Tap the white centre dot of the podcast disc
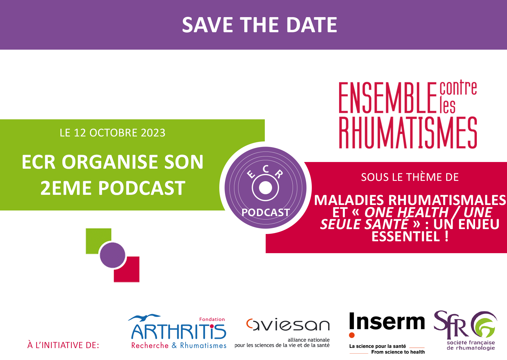point(265,188)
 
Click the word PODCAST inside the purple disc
point(266,213)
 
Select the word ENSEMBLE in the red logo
point(388,98)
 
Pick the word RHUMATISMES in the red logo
point(408,133)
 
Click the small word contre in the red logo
point(458,88)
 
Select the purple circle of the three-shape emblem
point(113,255)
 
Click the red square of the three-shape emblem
point(129,271)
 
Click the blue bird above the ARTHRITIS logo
point(144,317)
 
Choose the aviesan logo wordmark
point(288,325)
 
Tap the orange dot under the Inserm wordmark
point(352,335)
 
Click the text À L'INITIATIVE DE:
point(63,345)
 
